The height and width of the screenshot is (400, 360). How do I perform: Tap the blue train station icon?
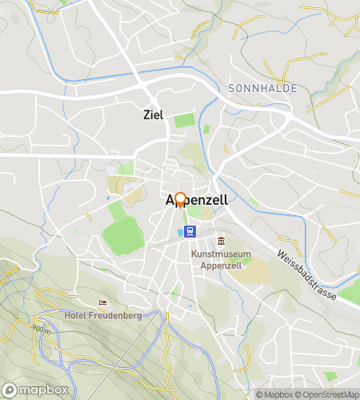190,232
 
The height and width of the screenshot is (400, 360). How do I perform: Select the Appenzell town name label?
196,202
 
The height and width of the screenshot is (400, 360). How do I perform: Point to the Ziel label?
153,114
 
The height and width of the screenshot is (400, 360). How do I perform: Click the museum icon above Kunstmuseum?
222,242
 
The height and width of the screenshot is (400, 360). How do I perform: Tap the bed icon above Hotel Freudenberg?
102,302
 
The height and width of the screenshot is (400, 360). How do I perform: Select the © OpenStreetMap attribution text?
326,394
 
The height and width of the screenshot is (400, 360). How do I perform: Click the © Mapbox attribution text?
274,394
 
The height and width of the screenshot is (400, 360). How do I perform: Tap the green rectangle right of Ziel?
185,121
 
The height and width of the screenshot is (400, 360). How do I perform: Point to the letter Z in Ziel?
146,114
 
